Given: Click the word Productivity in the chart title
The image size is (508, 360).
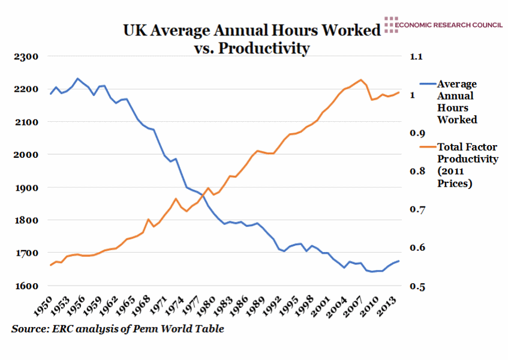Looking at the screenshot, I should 264,48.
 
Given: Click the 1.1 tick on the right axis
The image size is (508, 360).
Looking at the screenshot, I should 416,57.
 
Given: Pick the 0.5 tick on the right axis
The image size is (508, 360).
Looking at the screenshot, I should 416,286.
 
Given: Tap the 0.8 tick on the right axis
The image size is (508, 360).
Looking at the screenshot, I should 416,172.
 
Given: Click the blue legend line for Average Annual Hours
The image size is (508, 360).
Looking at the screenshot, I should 427,85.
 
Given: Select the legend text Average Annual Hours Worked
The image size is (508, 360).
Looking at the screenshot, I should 457,102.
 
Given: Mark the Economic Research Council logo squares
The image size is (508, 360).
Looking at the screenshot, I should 390,25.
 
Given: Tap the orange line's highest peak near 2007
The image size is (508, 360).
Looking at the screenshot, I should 360,79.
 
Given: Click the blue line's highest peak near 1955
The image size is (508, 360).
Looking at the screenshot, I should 77,78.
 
